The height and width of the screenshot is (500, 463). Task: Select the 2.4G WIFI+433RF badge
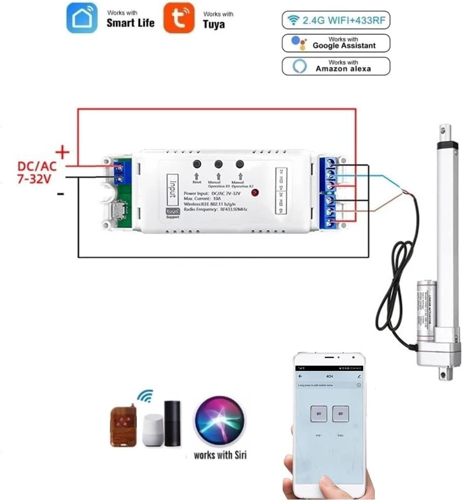pos(336,20)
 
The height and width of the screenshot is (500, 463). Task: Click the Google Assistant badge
pos(336,43)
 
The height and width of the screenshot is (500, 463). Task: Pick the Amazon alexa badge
pos(336,66)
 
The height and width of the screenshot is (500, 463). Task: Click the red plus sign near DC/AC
pos(62,151)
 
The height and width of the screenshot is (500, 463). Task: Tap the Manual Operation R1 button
pos(219,164)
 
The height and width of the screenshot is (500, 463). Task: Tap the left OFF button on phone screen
pos(319,413)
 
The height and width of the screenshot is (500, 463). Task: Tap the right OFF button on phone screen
pos(341,413)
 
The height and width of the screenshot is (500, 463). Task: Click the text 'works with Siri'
pos(220,455)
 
